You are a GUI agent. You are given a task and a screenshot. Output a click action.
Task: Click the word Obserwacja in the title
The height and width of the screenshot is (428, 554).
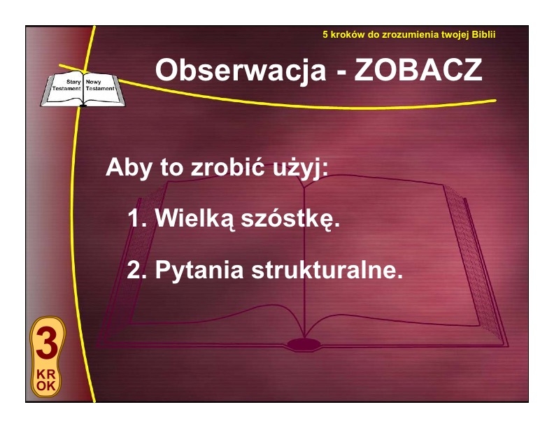pyautogui.click(x=241, y=71)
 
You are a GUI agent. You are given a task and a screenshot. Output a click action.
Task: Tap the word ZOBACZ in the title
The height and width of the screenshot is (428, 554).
pyautogui.click(x=418, y=70)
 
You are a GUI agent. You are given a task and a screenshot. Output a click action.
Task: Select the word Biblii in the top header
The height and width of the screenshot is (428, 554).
pyautogui.click(x=483, y=34)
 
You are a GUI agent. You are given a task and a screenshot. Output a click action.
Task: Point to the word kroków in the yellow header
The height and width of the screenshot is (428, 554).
pyautogui.click(x=348, y=34)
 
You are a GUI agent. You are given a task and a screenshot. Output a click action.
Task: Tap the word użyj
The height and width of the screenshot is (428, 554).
pyautogui.click(x=300, y=168)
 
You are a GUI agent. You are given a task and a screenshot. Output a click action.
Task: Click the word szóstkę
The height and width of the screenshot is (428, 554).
pyautogui.click(x=290, y=220)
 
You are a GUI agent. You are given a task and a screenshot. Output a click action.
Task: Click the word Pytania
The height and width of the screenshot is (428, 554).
pyautogui.click(x=199, y=271)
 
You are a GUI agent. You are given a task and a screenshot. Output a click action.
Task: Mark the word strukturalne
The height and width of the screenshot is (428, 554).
pyautogui.click(x=327, y=270)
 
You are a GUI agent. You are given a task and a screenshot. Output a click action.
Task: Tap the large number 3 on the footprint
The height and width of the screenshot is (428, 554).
pyautogui.click(x=48, y=343)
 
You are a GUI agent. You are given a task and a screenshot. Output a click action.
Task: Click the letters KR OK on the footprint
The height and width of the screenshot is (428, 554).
pyautogui.click(x=46, y=380)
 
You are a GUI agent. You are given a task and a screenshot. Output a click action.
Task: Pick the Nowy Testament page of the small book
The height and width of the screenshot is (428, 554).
pyautogui.click(x=101, y=89)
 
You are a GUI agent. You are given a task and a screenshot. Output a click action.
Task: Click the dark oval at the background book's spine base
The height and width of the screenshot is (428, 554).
pyautogui.click(x=304, y=344)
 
